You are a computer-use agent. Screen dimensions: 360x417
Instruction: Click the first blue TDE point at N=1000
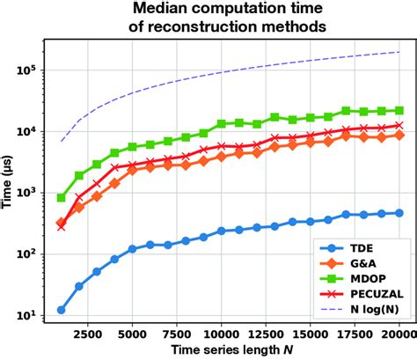coord(62,310)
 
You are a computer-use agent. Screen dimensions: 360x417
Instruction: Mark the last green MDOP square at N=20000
coord(399,111)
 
